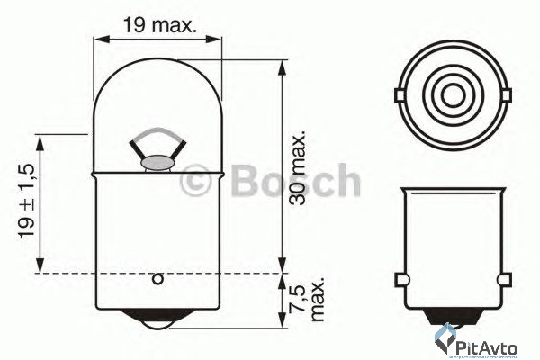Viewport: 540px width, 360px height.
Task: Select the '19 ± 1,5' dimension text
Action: [x=27, y=202]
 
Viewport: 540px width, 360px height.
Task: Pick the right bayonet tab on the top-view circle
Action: [x=507, y=94]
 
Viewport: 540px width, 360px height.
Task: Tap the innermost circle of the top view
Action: [x=452, y=94]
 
